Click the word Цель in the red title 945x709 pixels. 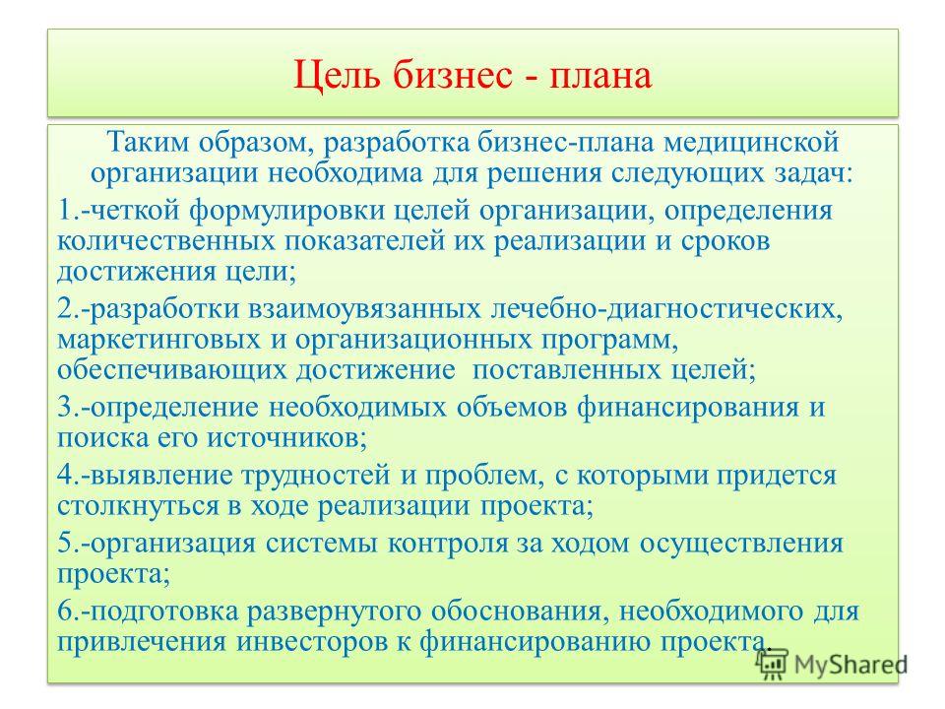point(337,76)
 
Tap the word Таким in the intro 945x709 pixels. point(149,142)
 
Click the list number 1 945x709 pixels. point(68,210)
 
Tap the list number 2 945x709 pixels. point(68,308)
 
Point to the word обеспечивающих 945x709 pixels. point(171,370)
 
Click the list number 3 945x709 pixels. point(68,407)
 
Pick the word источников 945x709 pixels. point(286,437)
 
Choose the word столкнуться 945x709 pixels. point(138,506)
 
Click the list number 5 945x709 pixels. point(68,544)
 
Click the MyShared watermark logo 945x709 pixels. point(832,664)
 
